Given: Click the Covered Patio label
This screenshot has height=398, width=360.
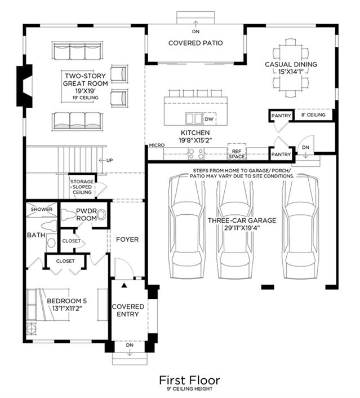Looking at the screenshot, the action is [195, 43].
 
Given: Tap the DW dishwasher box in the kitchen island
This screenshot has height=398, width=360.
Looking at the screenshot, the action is [210, 119].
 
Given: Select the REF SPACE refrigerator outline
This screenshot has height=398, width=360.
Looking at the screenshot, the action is [237, 152].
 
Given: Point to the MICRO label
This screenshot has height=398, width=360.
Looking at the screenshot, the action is [157, 145].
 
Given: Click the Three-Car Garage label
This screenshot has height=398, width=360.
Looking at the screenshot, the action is [242, 220].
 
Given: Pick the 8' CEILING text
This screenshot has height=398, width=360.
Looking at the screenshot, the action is [313, 115].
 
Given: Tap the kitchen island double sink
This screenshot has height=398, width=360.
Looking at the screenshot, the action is [194, 118].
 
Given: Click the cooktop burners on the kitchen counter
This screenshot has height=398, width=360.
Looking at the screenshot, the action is [196, 153].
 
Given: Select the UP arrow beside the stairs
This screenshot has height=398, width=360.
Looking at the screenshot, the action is [102, 160].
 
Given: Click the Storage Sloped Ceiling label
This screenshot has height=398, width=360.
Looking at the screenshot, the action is [82, 187].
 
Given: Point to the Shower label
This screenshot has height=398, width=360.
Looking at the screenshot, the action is [42, 209].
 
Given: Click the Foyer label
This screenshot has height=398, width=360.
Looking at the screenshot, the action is [127, 240].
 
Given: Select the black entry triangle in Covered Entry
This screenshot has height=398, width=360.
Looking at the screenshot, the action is [124, 286].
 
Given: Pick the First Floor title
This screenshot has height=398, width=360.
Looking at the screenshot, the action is [189, 380].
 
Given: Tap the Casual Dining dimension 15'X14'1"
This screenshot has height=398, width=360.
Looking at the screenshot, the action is [291, 72].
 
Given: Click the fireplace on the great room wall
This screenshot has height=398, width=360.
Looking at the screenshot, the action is [25, 86].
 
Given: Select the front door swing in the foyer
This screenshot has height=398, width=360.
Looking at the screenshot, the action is [125, 268].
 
